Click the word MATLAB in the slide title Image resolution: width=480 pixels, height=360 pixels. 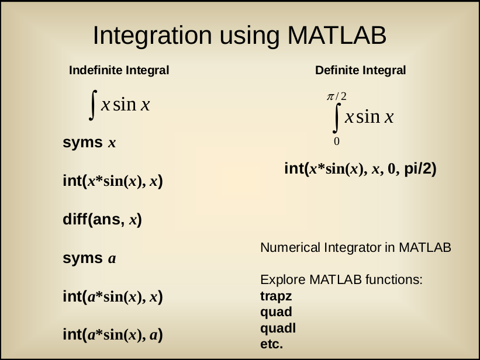coord(337,35)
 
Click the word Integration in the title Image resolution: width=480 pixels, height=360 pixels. coord(152,36)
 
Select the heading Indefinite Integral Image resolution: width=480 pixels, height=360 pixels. coord(119,70)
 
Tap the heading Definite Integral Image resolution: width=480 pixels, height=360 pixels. coord(361,70)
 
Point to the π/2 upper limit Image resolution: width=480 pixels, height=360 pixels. coord(337,96)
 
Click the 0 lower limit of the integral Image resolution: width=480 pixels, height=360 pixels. coord(336,141)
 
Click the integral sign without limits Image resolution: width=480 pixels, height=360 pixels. coord(93,105)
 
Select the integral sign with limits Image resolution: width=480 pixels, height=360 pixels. coord(337,118)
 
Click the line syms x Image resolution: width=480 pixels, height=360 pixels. coord(89,143)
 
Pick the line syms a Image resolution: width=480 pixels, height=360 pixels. coord(89,258)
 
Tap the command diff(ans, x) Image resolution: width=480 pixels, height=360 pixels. coord(102,220)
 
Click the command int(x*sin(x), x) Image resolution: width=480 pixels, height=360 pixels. coord(113,181)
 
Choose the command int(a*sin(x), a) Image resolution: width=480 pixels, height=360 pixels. coord(113,335)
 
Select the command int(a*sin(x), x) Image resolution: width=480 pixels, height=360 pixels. coord(113,297)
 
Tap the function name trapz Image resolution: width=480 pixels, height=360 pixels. coord(276,297)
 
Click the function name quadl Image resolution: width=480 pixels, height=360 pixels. coord(278,328)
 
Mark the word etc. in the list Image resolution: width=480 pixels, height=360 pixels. coord(271,344)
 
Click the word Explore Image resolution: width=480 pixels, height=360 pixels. coord(283,280)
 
